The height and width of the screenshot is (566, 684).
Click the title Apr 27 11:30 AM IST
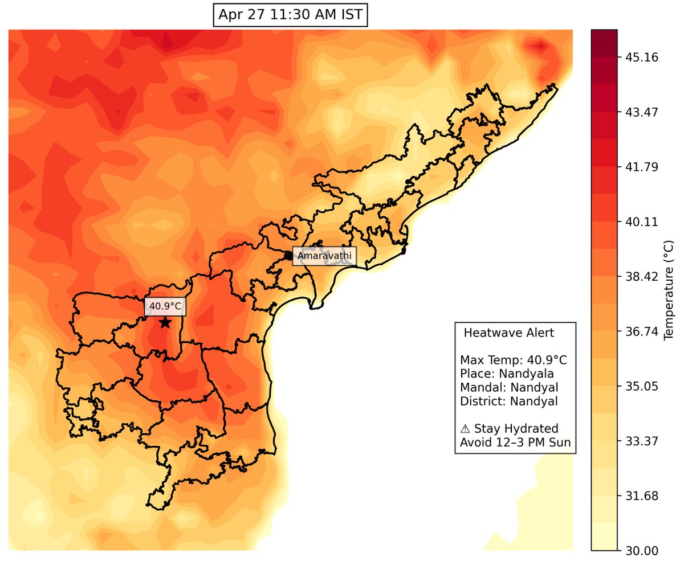[290, 15]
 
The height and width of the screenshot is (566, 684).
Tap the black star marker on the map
[165, 323]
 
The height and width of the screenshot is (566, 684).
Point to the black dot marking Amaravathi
[288, 256]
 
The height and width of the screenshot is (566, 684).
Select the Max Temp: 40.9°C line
[514, 360]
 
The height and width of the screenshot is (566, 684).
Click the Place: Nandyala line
[507, 374]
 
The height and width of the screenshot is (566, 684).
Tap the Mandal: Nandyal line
[508, 388]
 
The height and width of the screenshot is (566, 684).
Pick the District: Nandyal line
[508, 401]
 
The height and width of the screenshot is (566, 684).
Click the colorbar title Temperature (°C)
[670, 290]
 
